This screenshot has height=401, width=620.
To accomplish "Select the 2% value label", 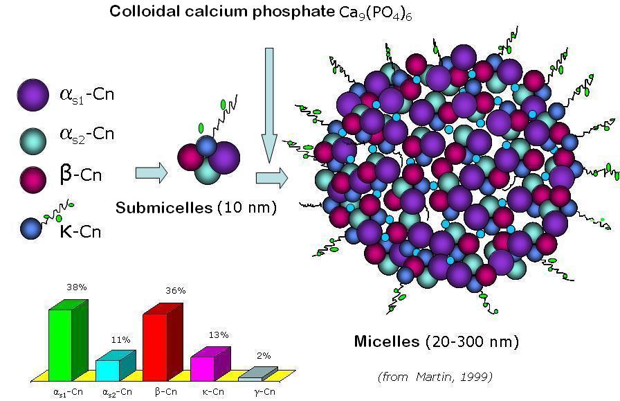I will (264, 355).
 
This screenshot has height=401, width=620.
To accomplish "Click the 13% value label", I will (219, 335).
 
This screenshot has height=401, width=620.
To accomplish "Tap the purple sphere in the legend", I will (33, 95).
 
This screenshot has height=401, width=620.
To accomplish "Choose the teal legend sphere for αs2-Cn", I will (33, 134).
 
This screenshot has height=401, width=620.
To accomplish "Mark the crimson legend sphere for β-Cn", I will (33, 173).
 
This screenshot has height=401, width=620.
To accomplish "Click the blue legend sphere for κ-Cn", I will (32, 227).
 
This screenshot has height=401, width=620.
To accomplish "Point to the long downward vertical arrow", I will (268, 104).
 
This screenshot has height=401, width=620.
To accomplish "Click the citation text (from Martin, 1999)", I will (435, 377).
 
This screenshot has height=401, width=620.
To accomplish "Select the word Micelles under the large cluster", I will (386, 341).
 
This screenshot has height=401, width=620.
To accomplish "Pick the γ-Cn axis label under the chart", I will (265, 392).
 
